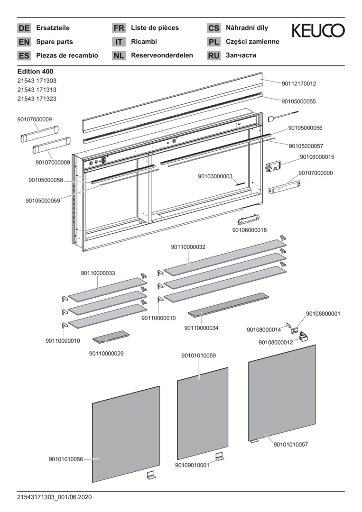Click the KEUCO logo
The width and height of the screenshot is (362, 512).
point(318,31)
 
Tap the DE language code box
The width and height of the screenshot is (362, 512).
point(24,28)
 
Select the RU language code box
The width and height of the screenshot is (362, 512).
point(214,55)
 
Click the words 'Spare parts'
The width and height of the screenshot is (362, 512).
point(55,42)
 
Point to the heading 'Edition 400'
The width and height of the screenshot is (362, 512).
point(35,72)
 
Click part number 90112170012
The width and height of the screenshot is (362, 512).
point(298,83)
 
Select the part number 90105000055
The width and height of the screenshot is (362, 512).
point(298,101)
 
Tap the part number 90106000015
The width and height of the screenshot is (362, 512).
point(317,157)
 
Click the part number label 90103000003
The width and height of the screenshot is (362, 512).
point(215,176)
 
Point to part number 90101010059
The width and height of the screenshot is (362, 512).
point(199,355)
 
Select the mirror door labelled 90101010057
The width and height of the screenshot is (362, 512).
point(282,393)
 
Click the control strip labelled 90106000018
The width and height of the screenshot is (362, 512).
point(249,220)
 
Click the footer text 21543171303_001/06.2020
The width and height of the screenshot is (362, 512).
point(54,497)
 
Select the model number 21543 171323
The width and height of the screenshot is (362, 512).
point(37,99)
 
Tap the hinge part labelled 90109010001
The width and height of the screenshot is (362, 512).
point(219,457)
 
